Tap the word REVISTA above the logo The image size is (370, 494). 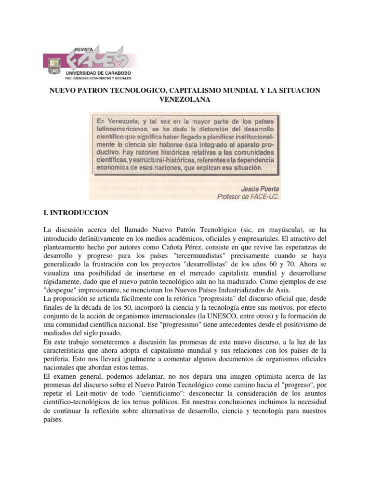(x=84, y=49)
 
